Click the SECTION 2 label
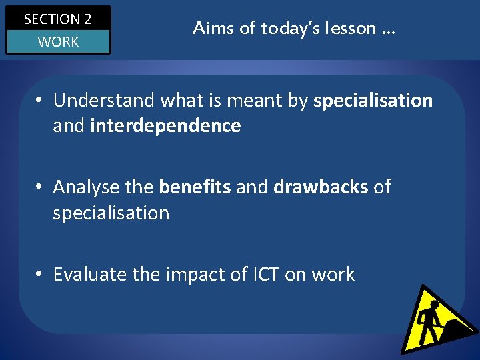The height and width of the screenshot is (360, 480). [57, 19]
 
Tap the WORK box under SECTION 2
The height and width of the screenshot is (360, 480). [57, 42]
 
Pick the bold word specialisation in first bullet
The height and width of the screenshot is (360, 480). [373, 101]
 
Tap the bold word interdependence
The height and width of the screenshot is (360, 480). [165, 126]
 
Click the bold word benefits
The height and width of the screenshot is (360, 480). [195, 187]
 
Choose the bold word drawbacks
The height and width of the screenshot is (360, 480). [321, 187]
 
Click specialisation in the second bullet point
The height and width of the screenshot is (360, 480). [111, 213]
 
